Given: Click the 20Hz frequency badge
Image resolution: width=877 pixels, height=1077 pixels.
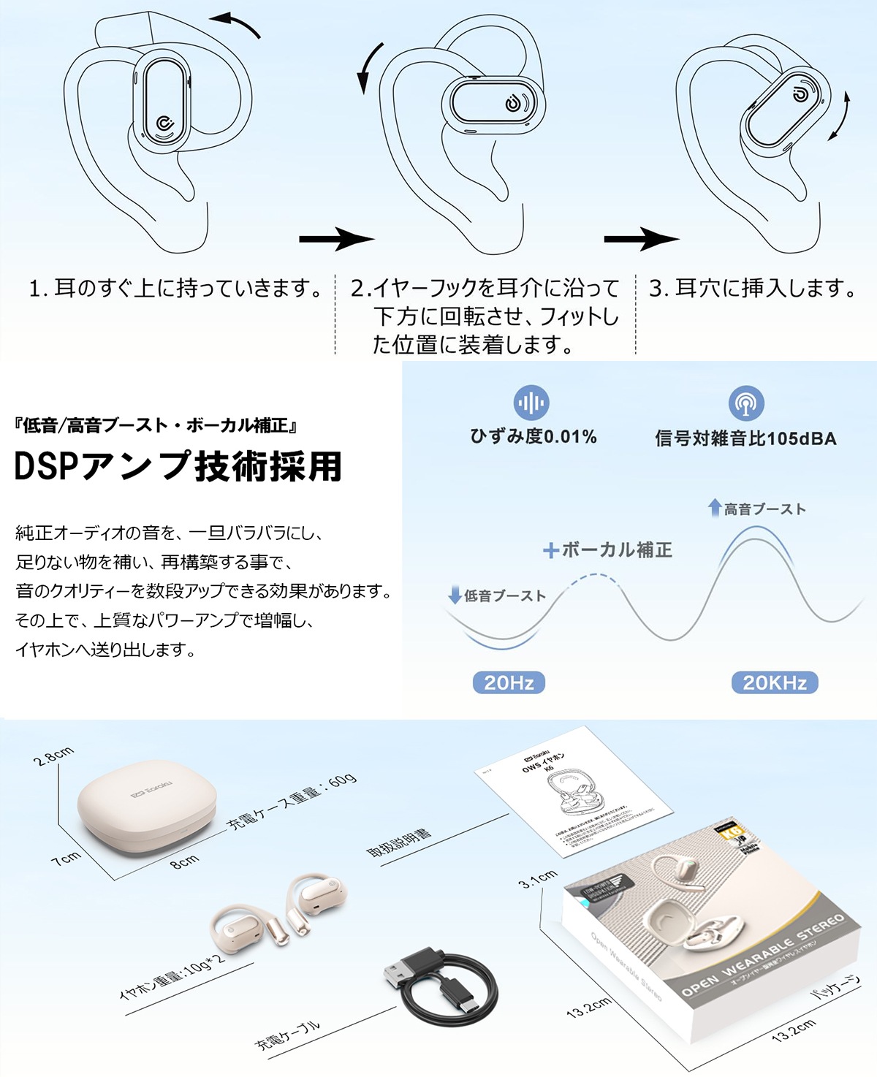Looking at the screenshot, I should (x=509, y=682).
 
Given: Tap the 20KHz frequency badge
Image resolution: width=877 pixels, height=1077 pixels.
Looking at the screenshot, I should (x=774, y=682).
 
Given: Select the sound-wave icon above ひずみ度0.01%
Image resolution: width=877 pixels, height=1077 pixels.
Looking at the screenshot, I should (x=531, y=403).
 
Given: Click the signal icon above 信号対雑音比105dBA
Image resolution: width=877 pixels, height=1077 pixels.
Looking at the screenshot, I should (x=746, y=403).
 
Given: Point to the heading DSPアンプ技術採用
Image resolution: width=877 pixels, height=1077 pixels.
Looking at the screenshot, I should (x=178, y=466).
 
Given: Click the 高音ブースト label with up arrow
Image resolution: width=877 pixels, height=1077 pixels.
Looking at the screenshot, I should (x=757, y=509).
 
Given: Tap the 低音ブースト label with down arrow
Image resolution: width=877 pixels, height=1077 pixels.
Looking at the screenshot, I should (x=497, y=595).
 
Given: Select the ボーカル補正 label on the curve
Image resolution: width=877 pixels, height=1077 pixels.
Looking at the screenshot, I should (x=608, y=550).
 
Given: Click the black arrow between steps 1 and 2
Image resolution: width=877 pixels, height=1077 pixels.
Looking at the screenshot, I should (x=335, y=238).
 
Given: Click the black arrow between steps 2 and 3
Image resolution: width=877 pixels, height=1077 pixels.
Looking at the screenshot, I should (x=641, y=238).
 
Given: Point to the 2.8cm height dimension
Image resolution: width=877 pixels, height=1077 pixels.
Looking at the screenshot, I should (x=53, y=756).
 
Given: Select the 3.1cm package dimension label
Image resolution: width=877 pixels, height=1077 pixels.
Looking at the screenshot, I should (x=538, y=879).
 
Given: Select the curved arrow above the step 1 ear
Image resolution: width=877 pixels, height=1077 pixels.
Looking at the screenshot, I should (x=238, y=23).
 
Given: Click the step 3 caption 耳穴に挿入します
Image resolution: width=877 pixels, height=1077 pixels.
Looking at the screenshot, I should (x=753, y=289).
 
